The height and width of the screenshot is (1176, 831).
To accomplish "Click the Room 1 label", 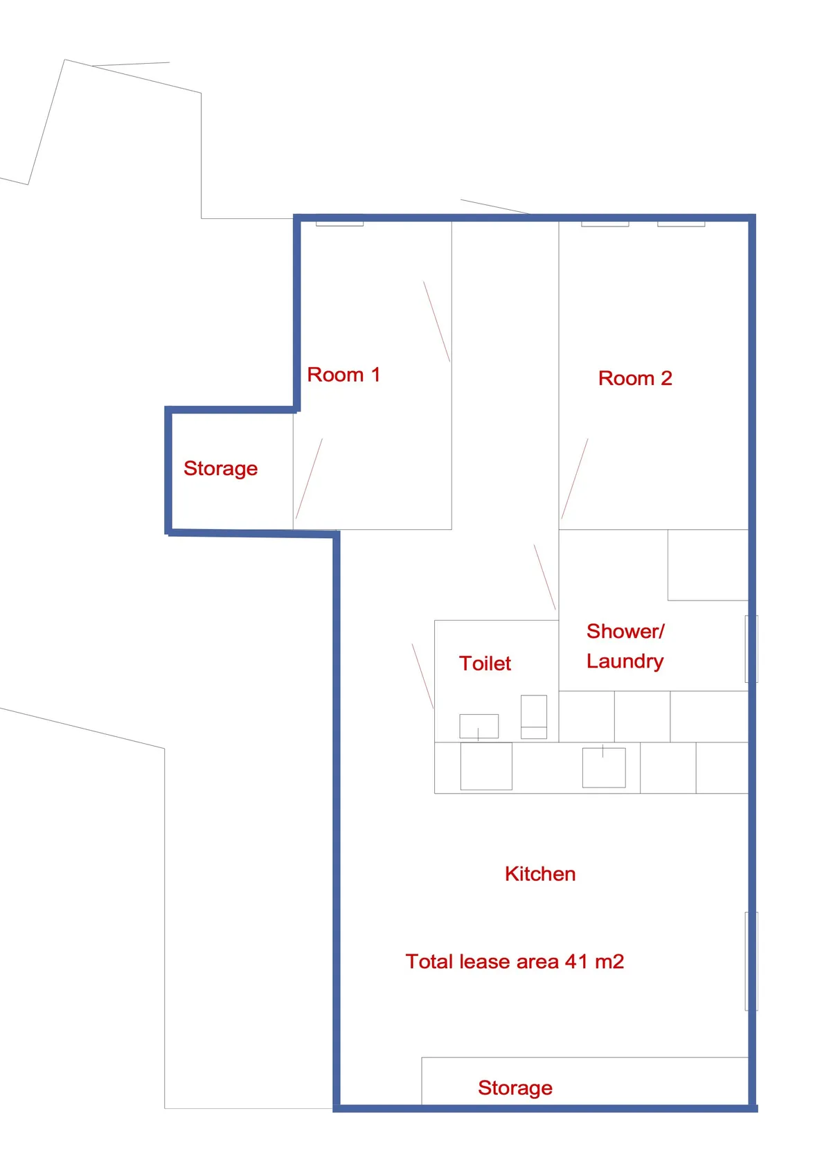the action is tap(343, 375).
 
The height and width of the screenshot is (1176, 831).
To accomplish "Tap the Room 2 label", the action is tap(635, 379).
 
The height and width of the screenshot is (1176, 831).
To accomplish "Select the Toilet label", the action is tap(485, 663).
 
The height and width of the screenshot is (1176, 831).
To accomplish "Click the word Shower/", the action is tap(625, 632).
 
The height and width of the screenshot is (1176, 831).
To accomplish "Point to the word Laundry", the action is tap(625, 661).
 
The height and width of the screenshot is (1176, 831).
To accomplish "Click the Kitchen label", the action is tap(540, 874).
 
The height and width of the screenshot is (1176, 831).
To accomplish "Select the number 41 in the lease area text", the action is tap(576, 962).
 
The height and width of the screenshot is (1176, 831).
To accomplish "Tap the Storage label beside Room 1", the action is tap(220, 469).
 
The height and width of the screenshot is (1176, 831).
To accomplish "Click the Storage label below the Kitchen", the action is tap(515, 1088).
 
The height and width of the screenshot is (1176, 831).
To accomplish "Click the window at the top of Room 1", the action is tap(339, 224).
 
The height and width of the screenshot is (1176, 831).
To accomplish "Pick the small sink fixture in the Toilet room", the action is tap(479, 726).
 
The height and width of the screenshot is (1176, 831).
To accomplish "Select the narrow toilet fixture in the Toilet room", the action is tap(534, 717).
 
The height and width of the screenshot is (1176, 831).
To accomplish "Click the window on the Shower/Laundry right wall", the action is tap(751, 649).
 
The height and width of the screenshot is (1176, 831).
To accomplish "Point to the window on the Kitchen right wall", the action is tap(751, 961).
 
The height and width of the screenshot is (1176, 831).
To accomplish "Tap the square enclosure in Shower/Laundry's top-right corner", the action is tap(708, 565).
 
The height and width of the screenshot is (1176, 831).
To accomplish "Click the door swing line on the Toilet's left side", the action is tap(422, 676).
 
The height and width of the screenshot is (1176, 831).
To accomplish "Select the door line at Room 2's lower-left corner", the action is tap(574, 479).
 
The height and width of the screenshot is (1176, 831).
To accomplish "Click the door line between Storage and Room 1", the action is tap(309, 479).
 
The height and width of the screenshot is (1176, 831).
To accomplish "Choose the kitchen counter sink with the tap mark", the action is tap(604, 767).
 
